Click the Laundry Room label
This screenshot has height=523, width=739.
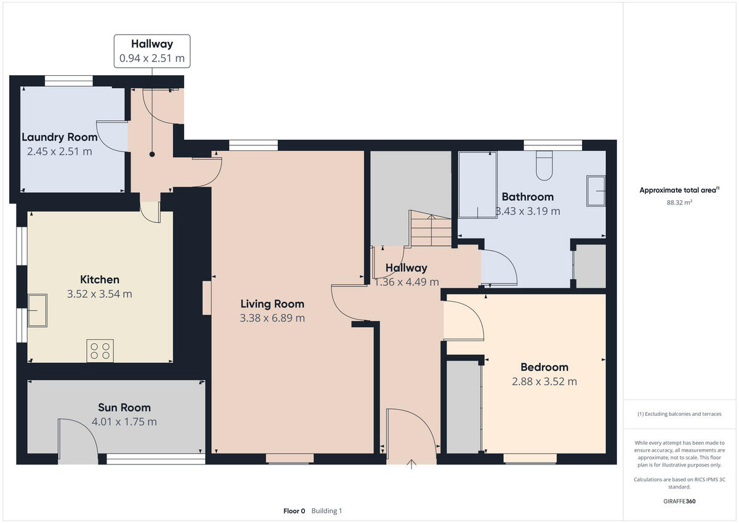tap(60, 137)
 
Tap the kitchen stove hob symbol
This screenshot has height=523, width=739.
tap(100, 351)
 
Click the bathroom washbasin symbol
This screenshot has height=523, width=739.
tap(596, 190)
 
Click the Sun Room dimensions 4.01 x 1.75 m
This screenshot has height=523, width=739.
tap(124, 422)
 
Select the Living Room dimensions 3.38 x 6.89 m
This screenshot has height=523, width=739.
tap(272, 318)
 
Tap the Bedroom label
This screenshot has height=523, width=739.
tap(544, 367)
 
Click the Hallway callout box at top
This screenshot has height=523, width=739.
tap(152, 51)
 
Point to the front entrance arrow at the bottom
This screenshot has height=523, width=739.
tap(411, 464)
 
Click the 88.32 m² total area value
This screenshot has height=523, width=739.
tap(679, 202)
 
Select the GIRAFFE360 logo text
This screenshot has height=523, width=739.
tap(679, 501)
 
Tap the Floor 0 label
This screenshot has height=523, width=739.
tap(294, 511)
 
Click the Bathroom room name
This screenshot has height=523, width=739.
tap(528, 197)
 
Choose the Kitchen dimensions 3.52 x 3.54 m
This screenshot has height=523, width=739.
tap(100, 294)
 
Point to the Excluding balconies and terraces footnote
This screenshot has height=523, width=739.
tap(679, 414)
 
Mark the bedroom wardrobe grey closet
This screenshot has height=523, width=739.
tap(462, 407)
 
